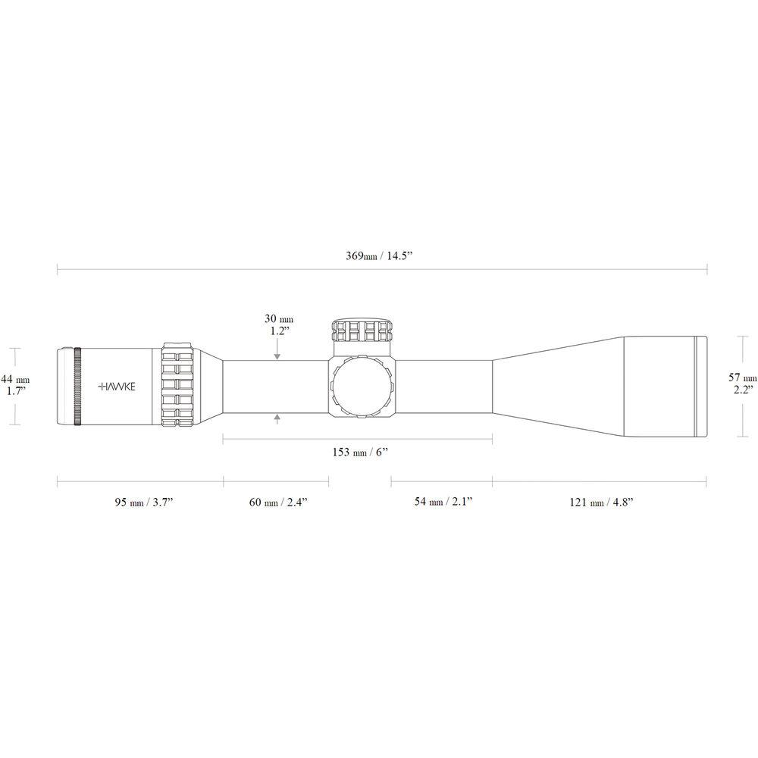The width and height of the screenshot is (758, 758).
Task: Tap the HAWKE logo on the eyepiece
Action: point(117,386)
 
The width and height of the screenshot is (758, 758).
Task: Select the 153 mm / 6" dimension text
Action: point(360,453)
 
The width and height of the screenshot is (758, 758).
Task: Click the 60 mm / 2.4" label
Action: point(277,502)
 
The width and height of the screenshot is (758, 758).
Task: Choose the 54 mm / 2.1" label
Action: point(443,502)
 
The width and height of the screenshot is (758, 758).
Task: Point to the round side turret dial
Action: point(362,387)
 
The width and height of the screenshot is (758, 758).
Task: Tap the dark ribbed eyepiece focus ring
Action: point(77,386)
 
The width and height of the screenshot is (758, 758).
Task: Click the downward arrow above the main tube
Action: point(279,355)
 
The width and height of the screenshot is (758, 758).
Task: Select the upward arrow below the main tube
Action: point(279,416)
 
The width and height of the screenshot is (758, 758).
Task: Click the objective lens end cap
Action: point(701,386)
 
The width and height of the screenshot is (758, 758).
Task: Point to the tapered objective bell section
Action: point(557,386)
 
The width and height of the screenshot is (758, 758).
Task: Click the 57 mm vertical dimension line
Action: point(741,387)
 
